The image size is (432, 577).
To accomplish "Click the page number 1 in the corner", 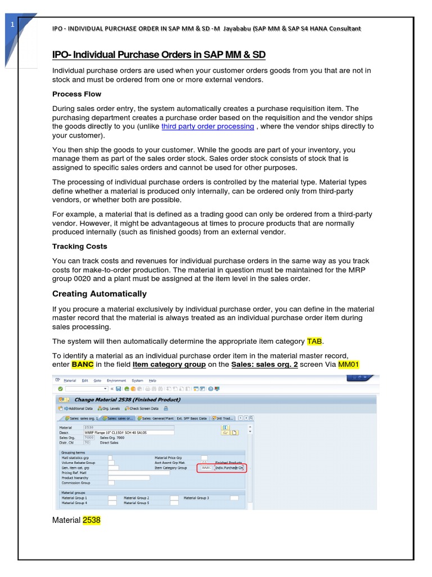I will (x=12, y=24).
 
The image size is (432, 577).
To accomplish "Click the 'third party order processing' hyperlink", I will (x=208, y=126).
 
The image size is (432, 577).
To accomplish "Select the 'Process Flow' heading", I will (x=76, y=94).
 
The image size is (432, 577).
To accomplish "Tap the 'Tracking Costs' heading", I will (x=79, y=246).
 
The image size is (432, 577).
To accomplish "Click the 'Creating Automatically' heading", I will (x=99, y=294).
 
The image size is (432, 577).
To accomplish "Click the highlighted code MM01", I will (x=349, y=364).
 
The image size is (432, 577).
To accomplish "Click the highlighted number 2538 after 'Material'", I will (x=92, y=520).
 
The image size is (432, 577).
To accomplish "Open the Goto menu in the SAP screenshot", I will (x=98, y=380).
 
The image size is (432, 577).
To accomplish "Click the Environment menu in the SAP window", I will (x=117, y=380).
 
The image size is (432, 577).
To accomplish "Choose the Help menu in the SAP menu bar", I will (x=152, y=380).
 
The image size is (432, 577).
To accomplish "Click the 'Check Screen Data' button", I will (x=143, y=408).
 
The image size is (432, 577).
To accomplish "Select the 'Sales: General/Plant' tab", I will (x=155, y=418).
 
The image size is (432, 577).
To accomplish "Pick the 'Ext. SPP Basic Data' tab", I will (x=192, y=418).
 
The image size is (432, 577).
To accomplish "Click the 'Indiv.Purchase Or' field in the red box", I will (x=229, y=468).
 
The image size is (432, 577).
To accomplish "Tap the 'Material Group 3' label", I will (x=196, y=498).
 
